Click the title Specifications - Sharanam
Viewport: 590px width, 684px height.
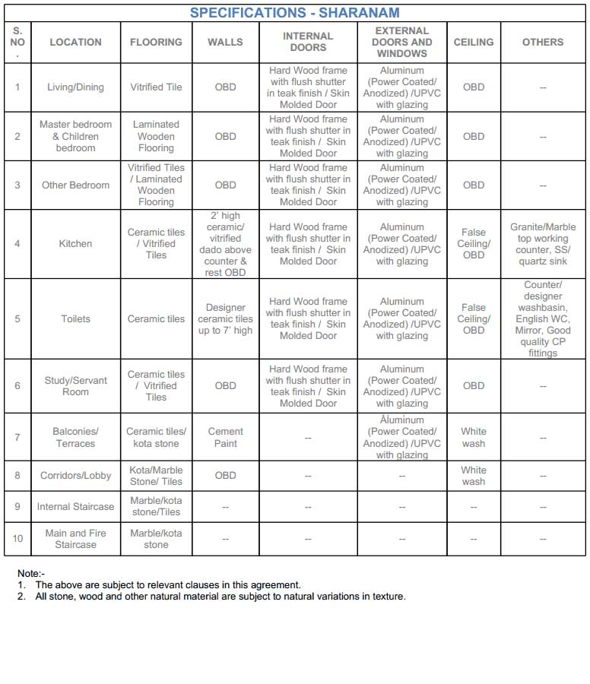pyautogui.click(x=294, y=13)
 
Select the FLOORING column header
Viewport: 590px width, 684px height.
pyautogui.click(x=156, y=43)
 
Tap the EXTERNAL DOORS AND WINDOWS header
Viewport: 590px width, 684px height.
pyautogui.click(x=401, y=43)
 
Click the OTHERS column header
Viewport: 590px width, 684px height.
pyautogui.click(x=543, y=43)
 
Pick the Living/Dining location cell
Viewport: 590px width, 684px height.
pyautogui.click(x=75, y=87)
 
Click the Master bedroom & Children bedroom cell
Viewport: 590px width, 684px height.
pyautogui.click(x=75, y=136)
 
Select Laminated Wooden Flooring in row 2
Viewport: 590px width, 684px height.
pyautogui.click(x=156, y=136)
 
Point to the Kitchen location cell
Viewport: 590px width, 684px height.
pyautogui.click(x=75, y=244)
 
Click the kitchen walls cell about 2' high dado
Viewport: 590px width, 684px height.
pyautogui.click(x=225, y=244)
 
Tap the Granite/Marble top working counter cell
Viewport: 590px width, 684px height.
pyautogui.click(x=543, y=244)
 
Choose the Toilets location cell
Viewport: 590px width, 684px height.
pyautogui.click(x=75, y=319)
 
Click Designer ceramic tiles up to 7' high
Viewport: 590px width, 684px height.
pyautogui.click(x=225, y=319)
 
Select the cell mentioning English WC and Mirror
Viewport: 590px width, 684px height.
pyautogui.click(x=543, y=319)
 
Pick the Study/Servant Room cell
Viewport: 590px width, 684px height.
pyautogui.click(x=75, y=386)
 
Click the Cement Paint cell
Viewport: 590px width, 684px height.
pyautogui.click(x=225, y=437)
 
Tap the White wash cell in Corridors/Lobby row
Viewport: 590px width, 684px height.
pyautogui.click(x=473, y=476)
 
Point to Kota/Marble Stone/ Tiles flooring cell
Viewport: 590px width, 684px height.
pyautogui.click(x=156, y=476)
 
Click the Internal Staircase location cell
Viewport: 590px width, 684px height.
pyautogui.click(x=75, y=507)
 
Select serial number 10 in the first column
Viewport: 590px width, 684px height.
pyautogui.click(x=17, y=539)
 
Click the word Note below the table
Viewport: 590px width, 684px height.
pyautogui.click(x=31, y=573)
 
